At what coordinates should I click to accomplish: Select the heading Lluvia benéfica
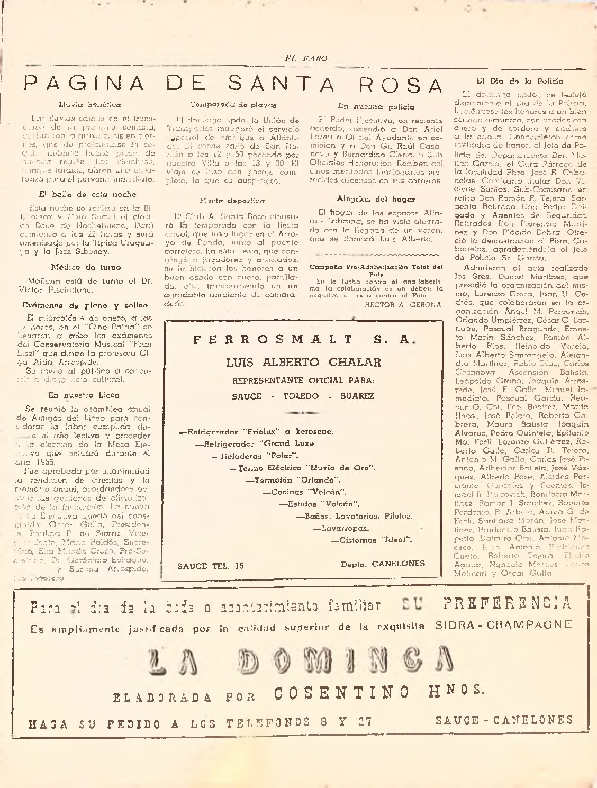89,105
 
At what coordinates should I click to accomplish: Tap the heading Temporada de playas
233,105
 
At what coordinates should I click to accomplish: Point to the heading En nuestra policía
376,106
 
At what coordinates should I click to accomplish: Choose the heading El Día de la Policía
520,81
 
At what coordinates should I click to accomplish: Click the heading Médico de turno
86,267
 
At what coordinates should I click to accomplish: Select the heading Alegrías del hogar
376,199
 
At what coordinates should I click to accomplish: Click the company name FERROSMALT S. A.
302,340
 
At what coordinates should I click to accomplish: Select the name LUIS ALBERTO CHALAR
303,363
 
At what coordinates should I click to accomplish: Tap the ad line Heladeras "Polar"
255,456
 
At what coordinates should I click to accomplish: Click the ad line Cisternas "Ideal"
371,540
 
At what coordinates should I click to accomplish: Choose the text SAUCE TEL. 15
211,566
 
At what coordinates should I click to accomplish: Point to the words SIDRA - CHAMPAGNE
503,624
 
